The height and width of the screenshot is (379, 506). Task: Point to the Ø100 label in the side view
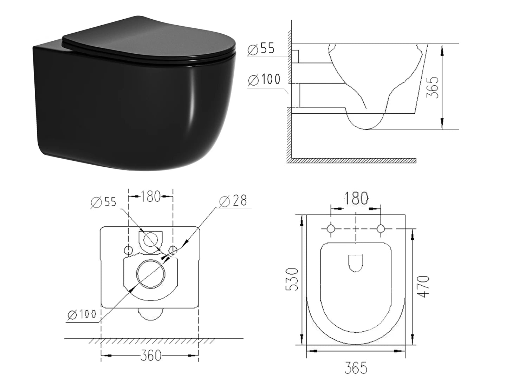(x=264, y=80)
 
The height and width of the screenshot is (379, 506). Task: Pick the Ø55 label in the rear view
(x=103, y=202)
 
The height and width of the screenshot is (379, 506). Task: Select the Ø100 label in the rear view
(x=81, y=314)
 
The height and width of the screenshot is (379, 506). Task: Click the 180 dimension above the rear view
(x=151, y=196)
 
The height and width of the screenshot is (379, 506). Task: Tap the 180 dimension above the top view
(x=356, y=199)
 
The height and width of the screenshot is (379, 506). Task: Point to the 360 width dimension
(x=150, y=355)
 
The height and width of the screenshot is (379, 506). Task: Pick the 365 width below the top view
(x=356, y=368)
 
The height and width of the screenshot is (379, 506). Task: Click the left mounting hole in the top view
(x=331, y=229)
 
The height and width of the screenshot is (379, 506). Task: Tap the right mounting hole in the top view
(x=381, y=229)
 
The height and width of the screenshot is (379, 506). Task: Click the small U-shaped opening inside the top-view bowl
(x=356, y=263)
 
